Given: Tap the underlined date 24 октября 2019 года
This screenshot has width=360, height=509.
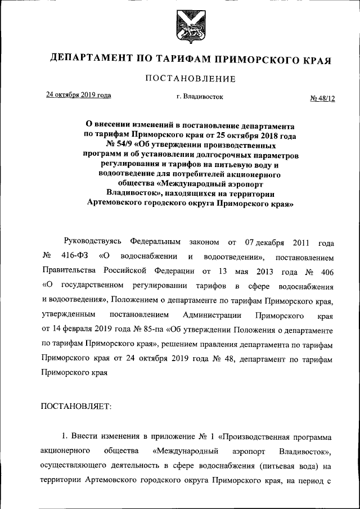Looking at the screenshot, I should tap(78, 95).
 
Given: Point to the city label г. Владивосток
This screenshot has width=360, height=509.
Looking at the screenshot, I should tap(199, 97).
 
